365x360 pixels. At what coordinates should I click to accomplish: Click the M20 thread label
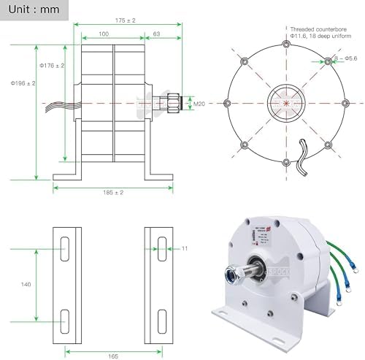[198, 104]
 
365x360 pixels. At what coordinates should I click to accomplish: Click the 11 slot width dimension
[185, 250]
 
